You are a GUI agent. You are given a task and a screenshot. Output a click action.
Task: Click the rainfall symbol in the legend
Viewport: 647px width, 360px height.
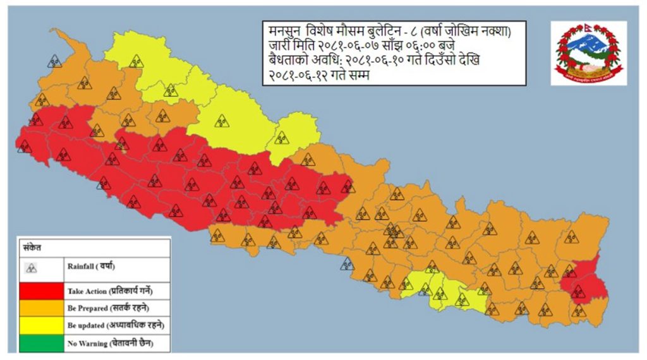(x=31, y=268)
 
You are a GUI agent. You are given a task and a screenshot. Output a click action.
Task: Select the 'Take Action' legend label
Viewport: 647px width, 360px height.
(x=110, y=291)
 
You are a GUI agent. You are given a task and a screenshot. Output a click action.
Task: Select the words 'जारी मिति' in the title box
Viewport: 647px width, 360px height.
(x=285, y=47)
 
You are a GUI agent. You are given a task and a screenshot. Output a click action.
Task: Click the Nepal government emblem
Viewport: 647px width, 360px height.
(x=588, y=52)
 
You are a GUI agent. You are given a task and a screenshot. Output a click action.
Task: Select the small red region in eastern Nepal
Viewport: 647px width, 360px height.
(x=584, y=284)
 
